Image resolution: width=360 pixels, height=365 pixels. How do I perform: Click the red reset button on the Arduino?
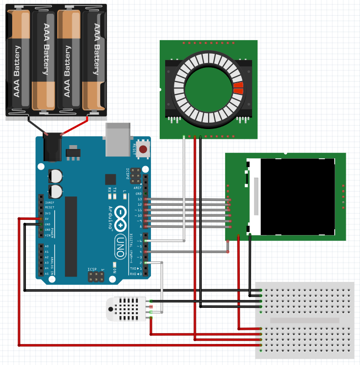tap(143, 149)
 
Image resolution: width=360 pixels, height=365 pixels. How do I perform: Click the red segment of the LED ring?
tap(238, 88)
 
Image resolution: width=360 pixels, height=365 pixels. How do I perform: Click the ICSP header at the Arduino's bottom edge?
tap(95, 277)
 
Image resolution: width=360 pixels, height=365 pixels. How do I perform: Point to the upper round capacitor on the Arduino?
tap(56, 176)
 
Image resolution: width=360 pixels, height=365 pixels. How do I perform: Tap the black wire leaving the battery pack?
tap(36, 124)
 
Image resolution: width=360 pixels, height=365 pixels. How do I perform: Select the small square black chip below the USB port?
tap(110, 179)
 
